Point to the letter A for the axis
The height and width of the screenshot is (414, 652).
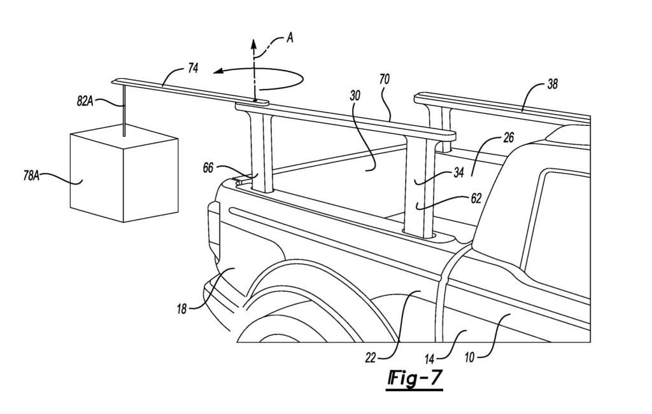point(290,38)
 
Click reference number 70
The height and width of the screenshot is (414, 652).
point(384,79)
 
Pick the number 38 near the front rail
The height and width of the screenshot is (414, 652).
point(553,84)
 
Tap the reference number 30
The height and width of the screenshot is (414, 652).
point(355,96)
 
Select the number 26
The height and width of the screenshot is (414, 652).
point(507,138)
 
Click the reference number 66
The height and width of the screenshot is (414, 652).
point(208,168)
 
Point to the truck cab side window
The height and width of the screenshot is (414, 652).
point(560,223)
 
